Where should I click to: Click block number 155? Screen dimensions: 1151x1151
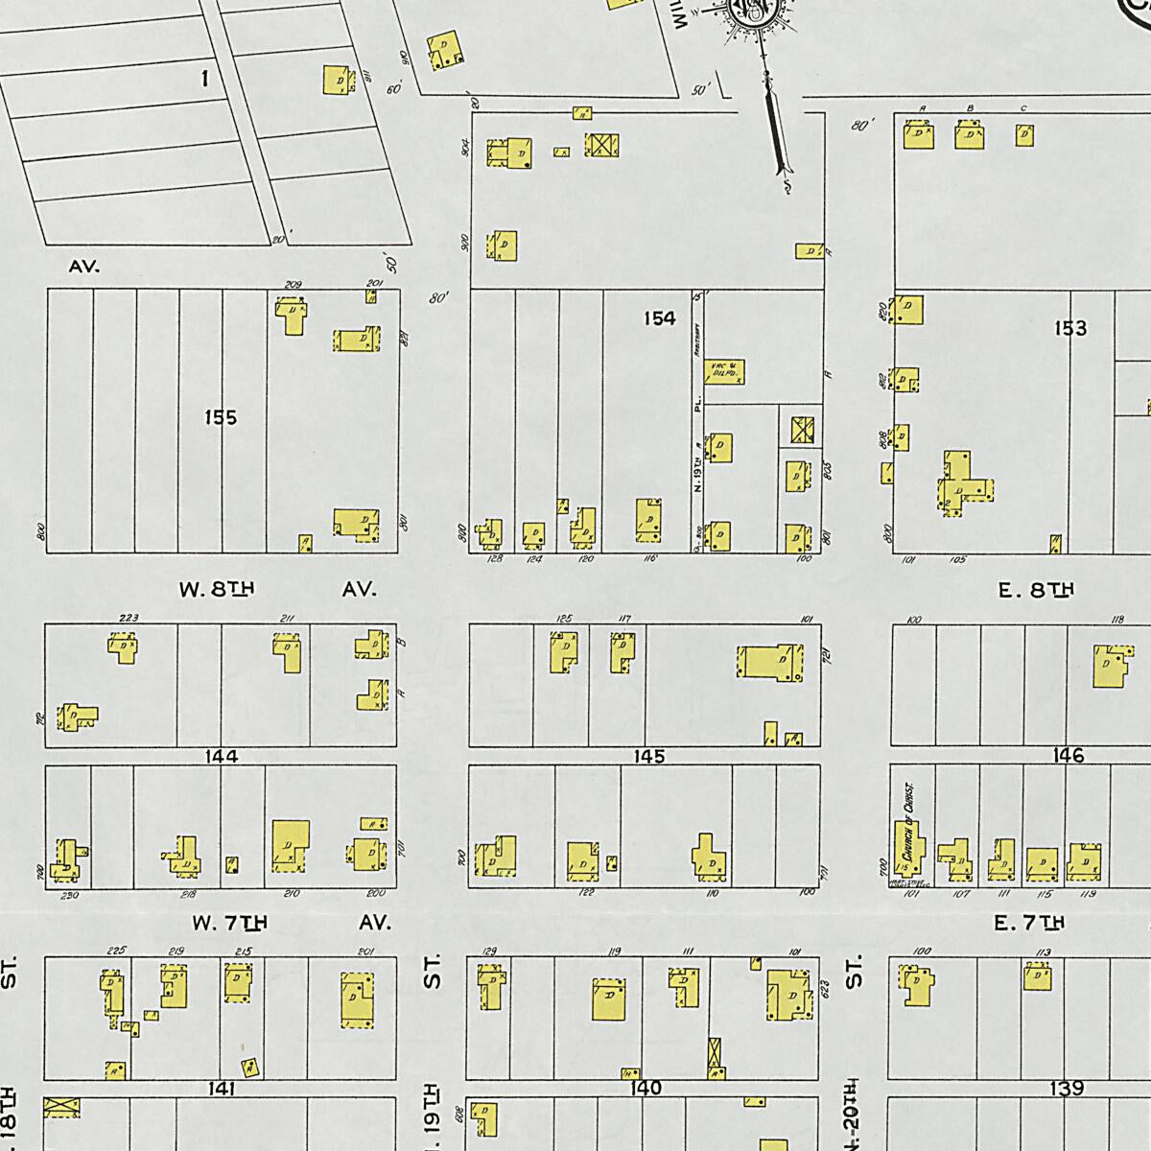point(221,417)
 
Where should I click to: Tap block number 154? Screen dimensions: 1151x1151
point(660,318)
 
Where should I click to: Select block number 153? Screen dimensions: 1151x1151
point(1070,329)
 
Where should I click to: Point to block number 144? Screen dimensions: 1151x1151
point(221,757)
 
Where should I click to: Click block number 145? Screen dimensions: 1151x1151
point(649,757)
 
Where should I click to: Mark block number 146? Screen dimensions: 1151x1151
point(1069,756)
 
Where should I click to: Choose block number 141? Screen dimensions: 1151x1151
point(221,1089)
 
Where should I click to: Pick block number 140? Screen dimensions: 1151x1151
point(646,1089)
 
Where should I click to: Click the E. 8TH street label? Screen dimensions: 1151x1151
point(1036,590)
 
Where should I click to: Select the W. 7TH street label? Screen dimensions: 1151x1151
point(229,923)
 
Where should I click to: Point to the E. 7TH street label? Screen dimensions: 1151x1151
point(1030,923)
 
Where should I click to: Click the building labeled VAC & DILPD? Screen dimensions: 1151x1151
point(725,372)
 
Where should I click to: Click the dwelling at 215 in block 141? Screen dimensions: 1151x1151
point(238,982)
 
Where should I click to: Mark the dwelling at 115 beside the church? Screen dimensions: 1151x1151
point(1043,864)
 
